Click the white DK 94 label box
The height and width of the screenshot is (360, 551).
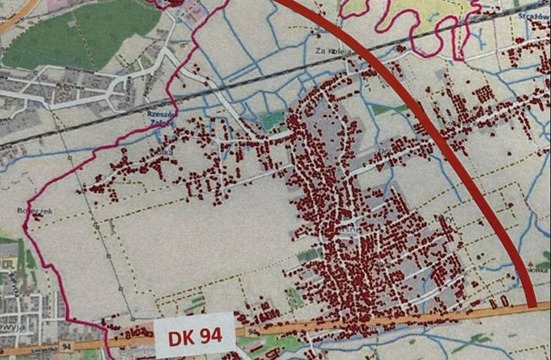196,333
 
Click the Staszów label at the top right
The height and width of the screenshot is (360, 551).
532,16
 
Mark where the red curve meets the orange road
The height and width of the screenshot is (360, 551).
533,305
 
